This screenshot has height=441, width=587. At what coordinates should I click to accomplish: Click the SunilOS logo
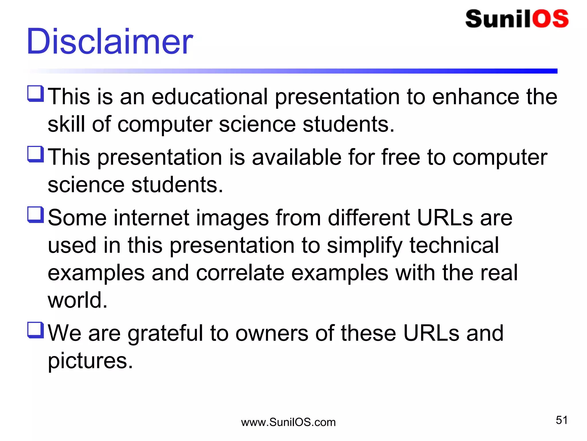click(x=517, y=19)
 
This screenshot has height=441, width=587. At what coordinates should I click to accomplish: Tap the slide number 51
click(x=561, y=420)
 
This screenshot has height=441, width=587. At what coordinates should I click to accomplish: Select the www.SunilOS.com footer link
click(x=288, y=422)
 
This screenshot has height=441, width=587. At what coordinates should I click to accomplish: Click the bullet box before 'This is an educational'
click(x=36, y=94)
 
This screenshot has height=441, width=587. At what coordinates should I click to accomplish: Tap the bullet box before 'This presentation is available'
click(x=36, y=154)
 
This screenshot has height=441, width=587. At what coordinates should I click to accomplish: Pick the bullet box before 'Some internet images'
click(x=36, y=215)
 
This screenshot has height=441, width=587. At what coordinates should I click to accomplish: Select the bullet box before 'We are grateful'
click(x=36, y=330)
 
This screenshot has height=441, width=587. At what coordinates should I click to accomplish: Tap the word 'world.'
click(x=77, y=300)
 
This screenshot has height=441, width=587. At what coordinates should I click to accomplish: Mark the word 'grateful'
click(x=165, y=334)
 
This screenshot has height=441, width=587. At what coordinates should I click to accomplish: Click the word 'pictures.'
click(x=90, y=361)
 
